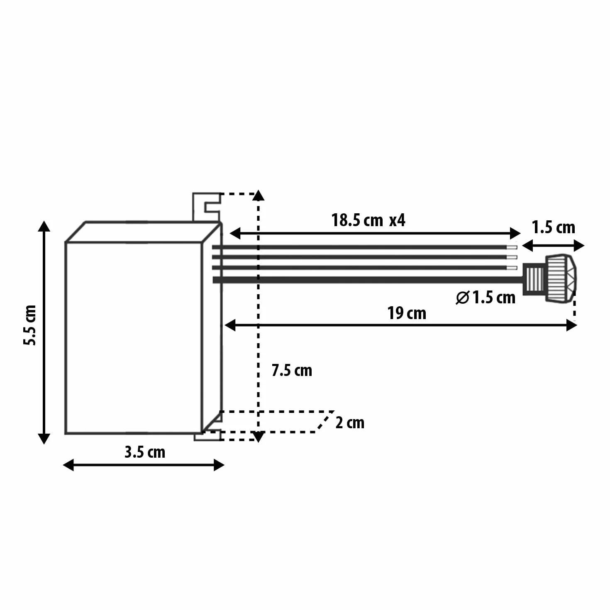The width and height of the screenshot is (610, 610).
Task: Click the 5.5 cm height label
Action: [30, 325]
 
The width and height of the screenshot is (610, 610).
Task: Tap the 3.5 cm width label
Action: [145, 452]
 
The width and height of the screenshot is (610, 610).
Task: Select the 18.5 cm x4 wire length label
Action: [368, 220]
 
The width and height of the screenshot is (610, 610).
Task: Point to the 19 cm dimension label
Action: [407, 313]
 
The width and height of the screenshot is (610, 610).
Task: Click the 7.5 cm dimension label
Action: [292, 371]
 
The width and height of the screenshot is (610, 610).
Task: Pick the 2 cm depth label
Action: [350, 422]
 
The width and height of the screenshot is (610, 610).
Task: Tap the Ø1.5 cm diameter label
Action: [486, 298]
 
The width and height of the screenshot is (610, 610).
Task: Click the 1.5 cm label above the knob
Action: [553, 227]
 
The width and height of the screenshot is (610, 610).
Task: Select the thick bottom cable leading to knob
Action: [368, 280]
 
